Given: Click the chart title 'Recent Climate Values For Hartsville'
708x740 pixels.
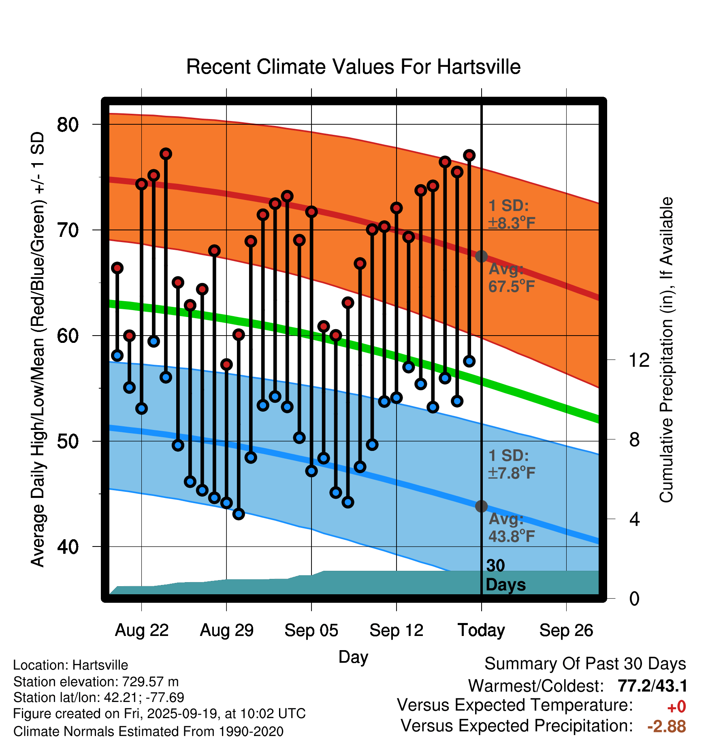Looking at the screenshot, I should tap(353, 67).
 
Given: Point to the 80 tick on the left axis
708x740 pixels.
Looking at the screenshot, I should tap(68, 125).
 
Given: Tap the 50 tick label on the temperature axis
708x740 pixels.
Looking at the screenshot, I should tap(68, 441).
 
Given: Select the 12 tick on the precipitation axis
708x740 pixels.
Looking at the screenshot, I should tap(639, 360).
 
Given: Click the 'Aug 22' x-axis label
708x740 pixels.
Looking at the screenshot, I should tap(141, 630).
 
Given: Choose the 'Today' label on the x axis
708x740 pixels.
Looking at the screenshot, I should tap(481, 630).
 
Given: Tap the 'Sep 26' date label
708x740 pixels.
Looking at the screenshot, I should tap(566, 630).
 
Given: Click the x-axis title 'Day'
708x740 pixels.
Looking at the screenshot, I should tap(353, 657).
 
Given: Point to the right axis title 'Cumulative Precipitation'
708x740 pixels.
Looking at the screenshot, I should tap(666, 350).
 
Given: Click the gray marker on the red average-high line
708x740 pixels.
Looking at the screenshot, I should tap(481, 256).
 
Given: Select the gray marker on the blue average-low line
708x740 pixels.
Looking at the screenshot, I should tap(481, 506).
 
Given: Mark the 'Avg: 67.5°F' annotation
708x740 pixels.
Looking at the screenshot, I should tap(511, 278).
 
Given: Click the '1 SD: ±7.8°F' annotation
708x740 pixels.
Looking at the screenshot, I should tap(511, 464).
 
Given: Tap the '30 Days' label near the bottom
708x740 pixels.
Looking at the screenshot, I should tap(505, 575).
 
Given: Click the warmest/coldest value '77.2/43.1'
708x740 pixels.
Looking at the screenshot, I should tap(652, 686).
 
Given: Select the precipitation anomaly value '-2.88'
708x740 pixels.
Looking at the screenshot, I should tap(666, 726).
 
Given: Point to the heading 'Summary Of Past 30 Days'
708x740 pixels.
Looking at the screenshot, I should tap(585, 664).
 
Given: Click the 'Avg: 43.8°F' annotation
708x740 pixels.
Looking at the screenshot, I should tap(511, 528).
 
